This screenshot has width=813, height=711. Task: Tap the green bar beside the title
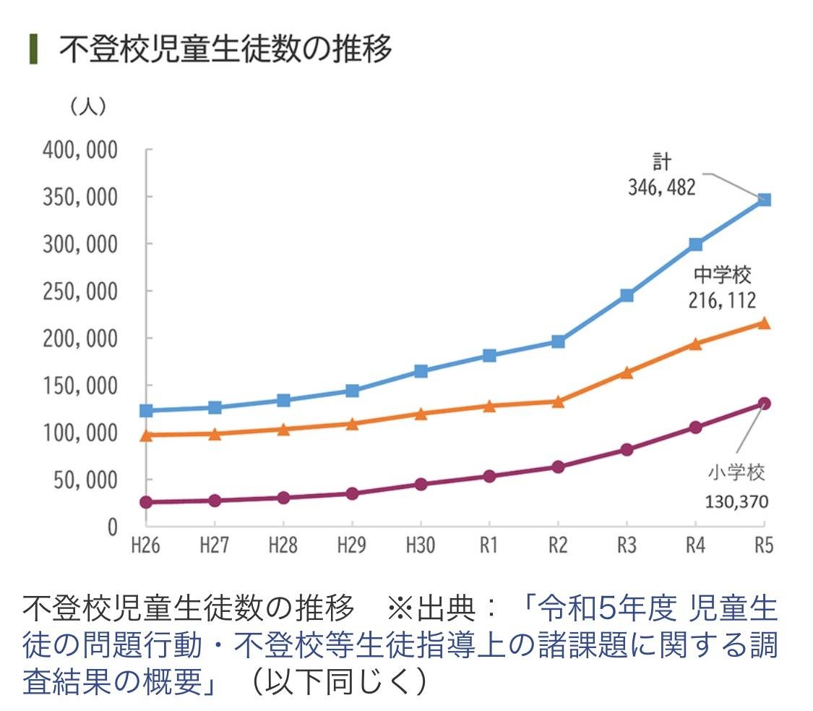click(33, 50)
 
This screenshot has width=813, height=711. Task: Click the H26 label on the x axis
click(145, 544)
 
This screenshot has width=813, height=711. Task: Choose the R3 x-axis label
click(626, 544)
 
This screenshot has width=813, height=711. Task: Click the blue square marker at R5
click(764, 200)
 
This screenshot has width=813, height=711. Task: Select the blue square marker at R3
click(626, 295)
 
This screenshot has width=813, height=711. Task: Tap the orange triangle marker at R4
click(695, 344)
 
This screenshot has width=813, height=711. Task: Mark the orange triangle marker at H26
click(145, 435)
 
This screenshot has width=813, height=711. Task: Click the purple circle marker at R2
click(557, 467)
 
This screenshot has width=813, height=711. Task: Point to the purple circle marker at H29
click(351, 493)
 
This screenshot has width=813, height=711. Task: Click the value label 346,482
click(661, 188)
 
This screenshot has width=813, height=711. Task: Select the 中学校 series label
click(723, 275)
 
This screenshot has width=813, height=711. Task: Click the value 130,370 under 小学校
click(737, 501)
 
